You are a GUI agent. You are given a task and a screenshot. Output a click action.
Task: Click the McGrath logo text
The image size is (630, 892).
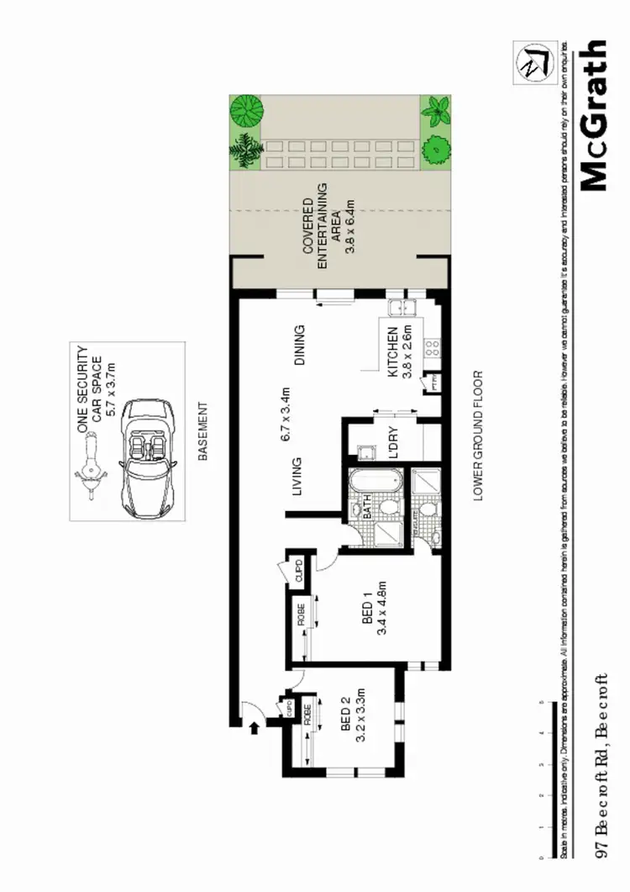[x=593, y=115]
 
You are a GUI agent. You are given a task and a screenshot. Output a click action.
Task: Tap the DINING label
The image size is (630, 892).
[x=299, y=346]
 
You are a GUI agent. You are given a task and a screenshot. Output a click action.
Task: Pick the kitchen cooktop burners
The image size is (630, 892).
[x=433, y=346]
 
